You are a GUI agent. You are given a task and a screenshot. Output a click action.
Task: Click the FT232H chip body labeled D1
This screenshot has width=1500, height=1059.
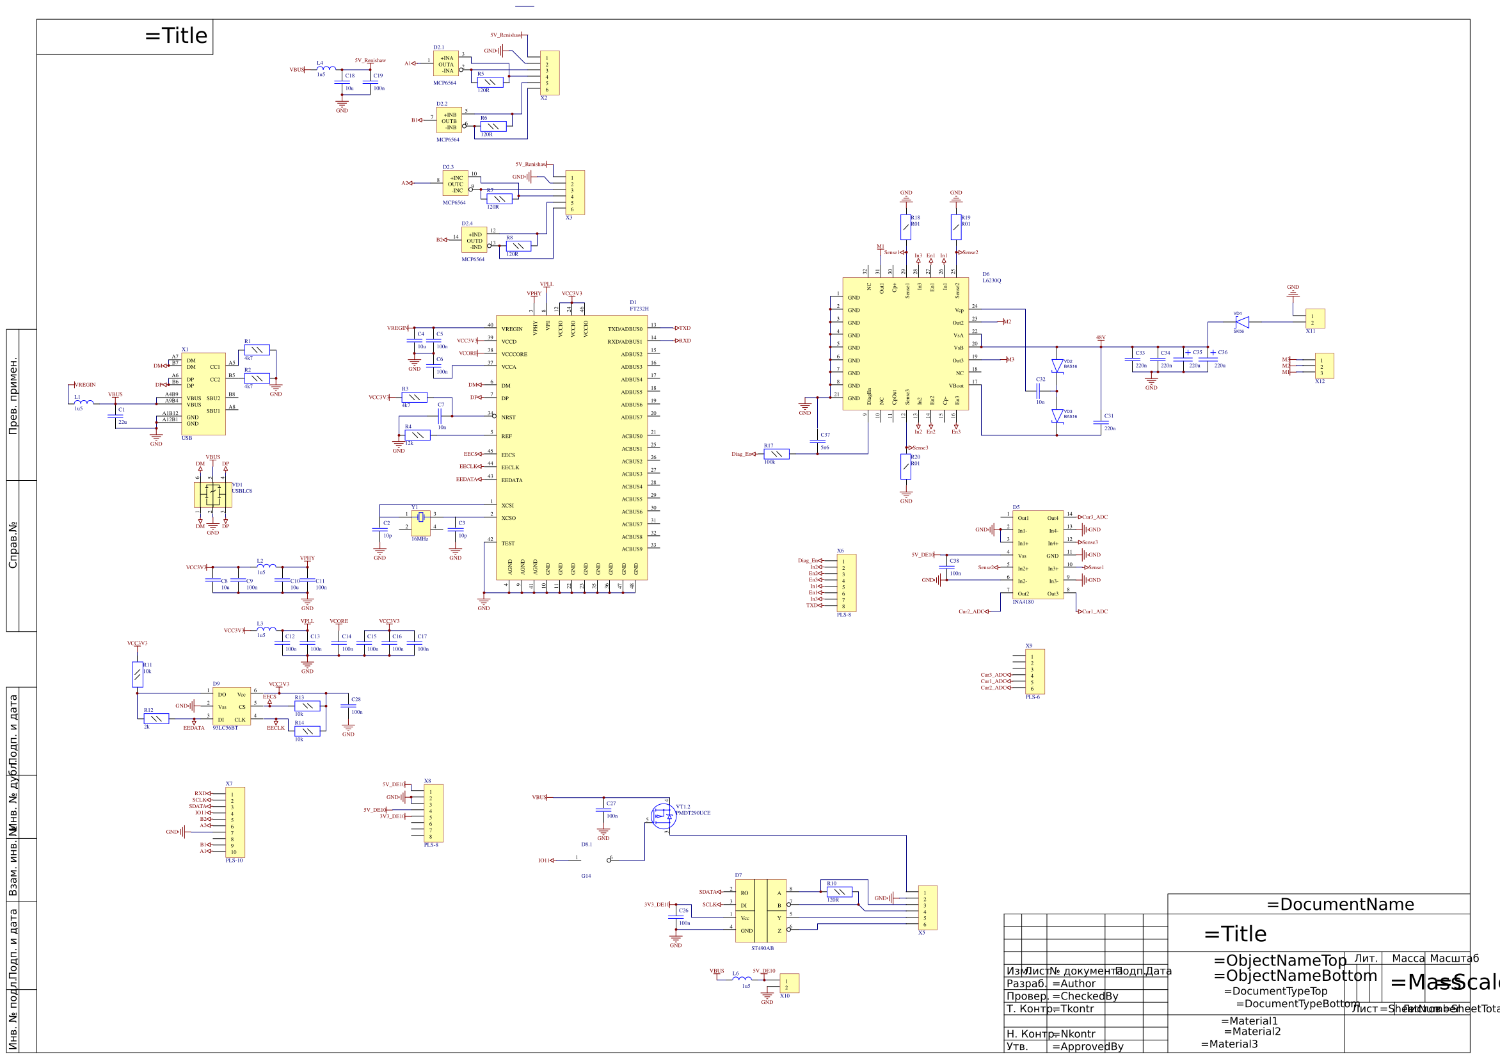click(x=571, y=448)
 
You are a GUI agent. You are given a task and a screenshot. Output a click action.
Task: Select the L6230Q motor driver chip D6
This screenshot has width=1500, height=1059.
click(x=905, y=344)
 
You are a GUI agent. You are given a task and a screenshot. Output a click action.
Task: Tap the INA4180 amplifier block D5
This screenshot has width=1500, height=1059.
click(x=1037, y=555)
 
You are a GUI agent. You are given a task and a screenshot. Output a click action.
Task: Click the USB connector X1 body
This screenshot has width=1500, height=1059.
click(x=203, y=394)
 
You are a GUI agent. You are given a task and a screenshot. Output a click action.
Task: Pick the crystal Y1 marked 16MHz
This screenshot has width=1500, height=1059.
click(x=420, y=518)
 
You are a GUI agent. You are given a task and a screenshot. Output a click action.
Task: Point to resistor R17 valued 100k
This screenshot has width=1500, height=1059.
click(x=776, y=455)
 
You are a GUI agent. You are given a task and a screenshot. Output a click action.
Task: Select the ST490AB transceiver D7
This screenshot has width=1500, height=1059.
click(x=760, y=910)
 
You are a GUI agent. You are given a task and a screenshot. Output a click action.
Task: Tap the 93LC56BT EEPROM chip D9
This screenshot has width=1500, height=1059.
click(x=231, y=706)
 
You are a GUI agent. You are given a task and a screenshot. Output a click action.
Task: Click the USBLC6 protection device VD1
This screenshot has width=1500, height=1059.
click(x=212, y=495)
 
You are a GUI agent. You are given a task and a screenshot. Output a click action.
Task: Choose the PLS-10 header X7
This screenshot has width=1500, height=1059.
click(x=235, y=821)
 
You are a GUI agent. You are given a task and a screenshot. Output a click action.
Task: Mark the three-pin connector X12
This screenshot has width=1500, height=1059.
click(x=1324, y=366)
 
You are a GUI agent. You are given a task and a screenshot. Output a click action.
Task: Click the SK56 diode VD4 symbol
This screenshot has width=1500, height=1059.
click(x=1242, y=322)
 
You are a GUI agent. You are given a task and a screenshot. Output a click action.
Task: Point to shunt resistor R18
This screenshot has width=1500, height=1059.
click(x=906, y=227)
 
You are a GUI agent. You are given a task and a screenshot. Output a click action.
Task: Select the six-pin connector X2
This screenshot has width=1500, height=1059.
click(x=550, y=73)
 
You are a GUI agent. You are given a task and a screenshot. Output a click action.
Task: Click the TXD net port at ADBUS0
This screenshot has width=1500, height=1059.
click(x=683, y=328)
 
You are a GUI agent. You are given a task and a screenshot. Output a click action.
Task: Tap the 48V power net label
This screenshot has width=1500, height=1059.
click(x=1101, y=338)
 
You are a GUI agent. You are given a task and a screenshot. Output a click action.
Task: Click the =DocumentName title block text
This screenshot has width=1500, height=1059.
click(x=1340, y=905)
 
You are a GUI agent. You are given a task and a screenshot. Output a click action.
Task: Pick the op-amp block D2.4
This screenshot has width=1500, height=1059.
click(x=474, y=240)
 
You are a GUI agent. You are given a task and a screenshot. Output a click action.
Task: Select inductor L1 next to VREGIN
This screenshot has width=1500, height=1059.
click(x=83, y=402)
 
